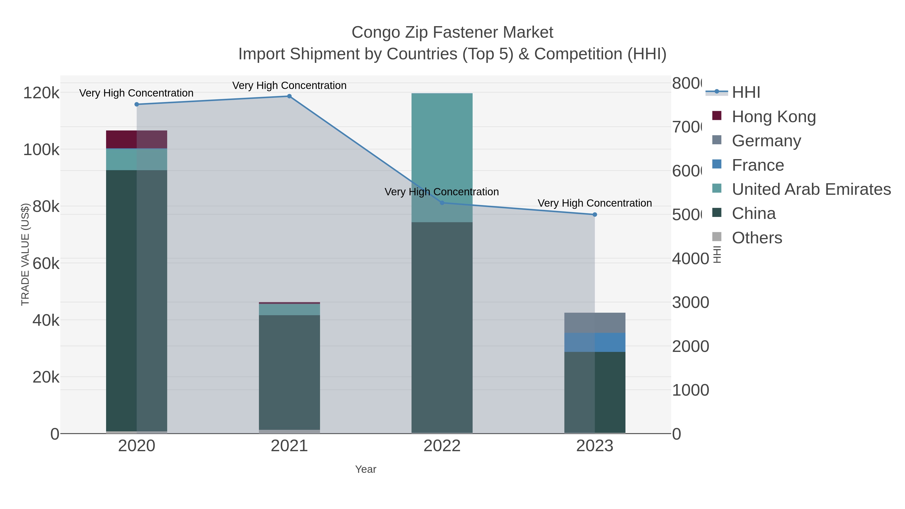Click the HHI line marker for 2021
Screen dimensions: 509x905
[x=289, y=96]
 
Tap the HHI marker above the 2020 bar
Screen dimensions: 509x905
[x=137, y=104]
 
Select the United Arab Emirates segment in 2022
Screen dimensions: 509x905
[x=442, y=148]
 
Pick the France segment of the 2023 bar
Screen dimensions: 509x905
[x=595, y=343]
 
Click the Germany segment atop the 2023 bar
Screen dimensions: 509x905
[x=595, y=323]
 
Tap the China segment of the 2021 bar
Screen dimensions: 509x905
[x=289, y=372]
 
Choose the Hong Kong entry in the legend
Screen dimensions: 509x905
[x=773, y=117]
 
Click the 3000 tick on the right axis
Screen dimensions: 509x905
[x=690, y=302]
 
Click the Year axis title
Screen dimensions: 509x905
[x=365, y=469]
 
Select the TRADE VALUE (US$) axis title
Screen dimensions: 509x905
[x=25, y=254]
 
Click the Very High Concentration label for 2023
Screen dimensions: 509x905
[x=595, y=203]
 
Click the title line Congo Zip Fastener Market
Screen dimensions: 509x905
[x=452, y=32]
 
